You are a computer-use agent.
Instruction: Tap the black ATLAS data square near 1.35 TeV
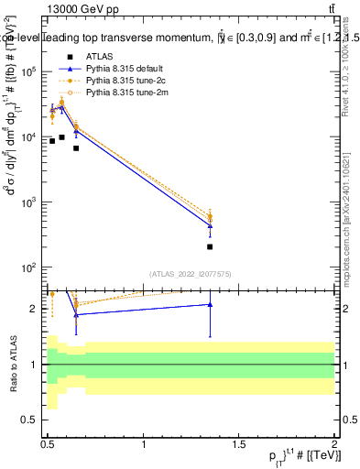point(211,246)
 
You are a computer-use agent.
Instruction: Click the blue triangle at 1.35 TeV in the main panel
point(211,224)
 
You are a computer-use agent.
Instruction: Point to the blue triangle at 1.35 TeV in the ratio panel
point(211,304)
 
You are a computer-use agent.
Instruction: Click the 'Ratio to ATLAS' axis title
point(12,364)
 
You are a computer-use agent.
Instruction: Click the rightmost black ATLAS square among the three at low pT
point(76,147)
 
